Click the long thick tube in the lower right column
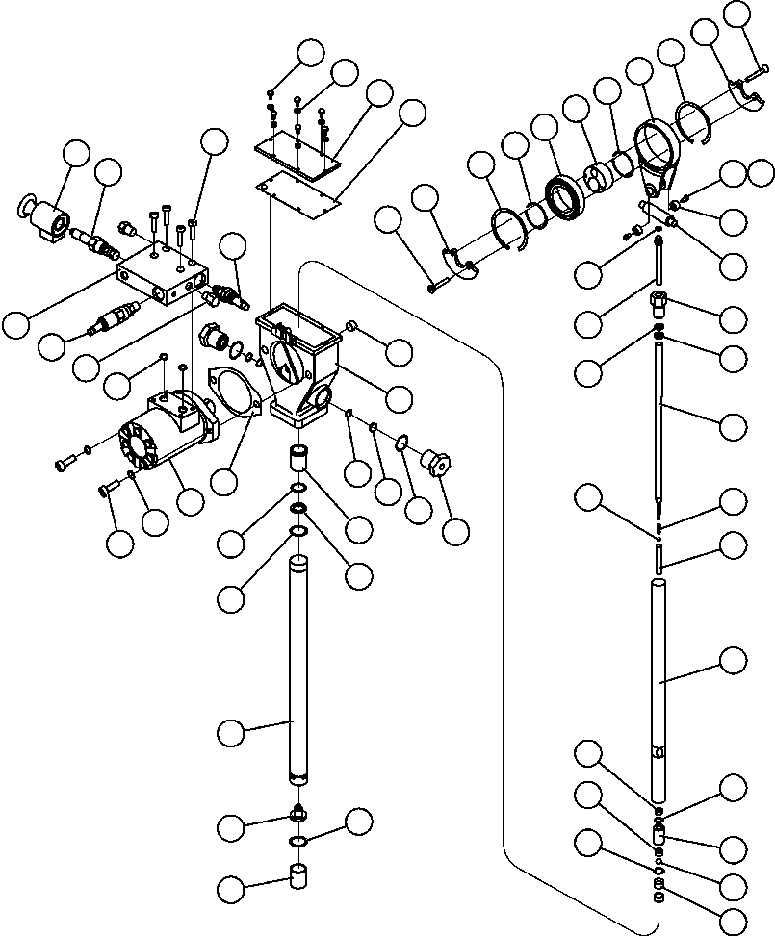(x=660, y=688)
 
